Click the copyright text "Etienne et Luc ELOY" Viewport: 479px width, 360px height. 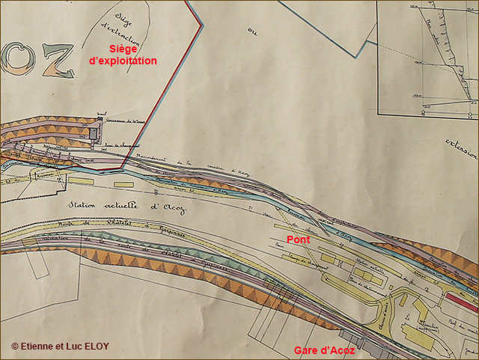(x=60, y=346)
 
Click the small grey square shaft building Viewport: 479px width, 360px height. (x=93, y=134)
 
